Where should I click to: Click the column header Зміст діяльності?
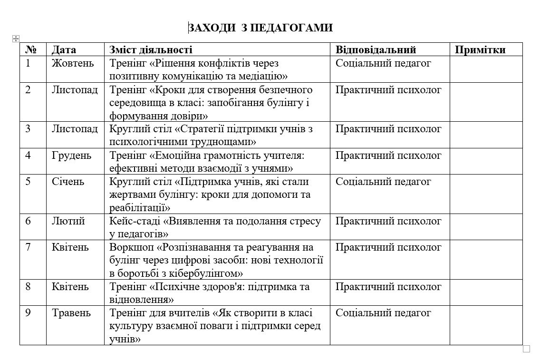tap(151, 50)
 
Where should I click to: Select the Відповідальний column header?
tap(376, 50)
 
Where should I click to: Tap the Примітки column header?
tap(480, 50)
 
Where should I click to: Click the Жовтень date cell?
tap(73, 63)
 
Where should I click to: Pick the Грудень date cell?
tap(72, 156)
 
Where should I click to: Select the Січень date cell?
tap(68, 182)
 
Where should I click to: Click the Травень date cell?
tap(72, 313)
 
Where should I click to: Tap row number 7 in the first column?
tap(28, 247)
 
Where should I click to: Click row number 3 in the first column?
tap(28, 129)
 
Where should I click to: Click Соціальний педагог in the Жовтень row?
tap(383, 63)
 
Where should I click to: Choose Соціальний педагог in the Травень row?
tap(383, 313)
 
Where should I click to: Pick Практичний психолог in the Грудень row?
tap(388, 156)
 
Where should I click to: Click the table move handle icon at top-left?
tap(15, 38)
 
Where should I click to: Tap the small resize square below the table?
tap(526, 349)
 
